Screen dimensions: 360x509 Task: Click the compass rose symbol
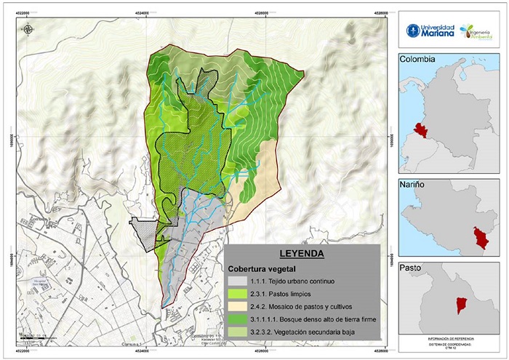(x=28, y=29)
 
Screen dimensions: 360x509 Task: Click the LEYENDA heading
(x=301, y=255)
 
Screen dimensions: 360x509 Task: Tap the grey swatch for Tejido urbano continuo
(x=236, y=281)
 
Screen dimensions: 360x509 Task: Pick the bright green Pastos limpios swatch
(x=236, y=293)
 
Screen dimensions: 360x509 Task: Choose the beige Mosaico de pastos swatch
(x=236, y=306)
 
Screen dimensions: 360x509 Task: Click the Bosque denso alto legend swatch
(x=236, y=319)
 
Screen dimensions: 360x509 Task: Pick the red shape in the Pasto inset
(x=460, y=305)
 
